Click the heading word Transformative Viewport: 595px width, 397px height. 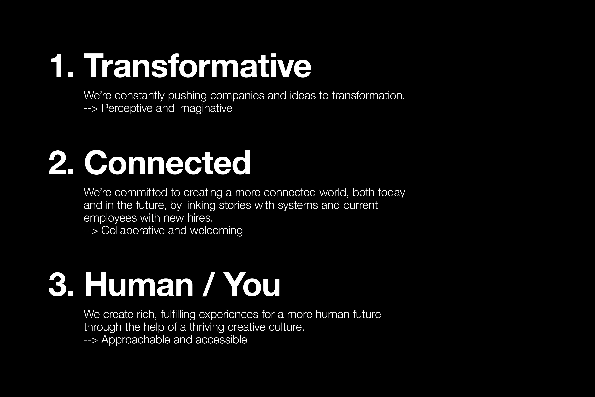point(198,66)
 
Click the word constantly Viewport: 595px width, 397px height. point(140,96)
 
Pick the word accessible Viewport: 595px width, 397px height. point(221,340)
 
